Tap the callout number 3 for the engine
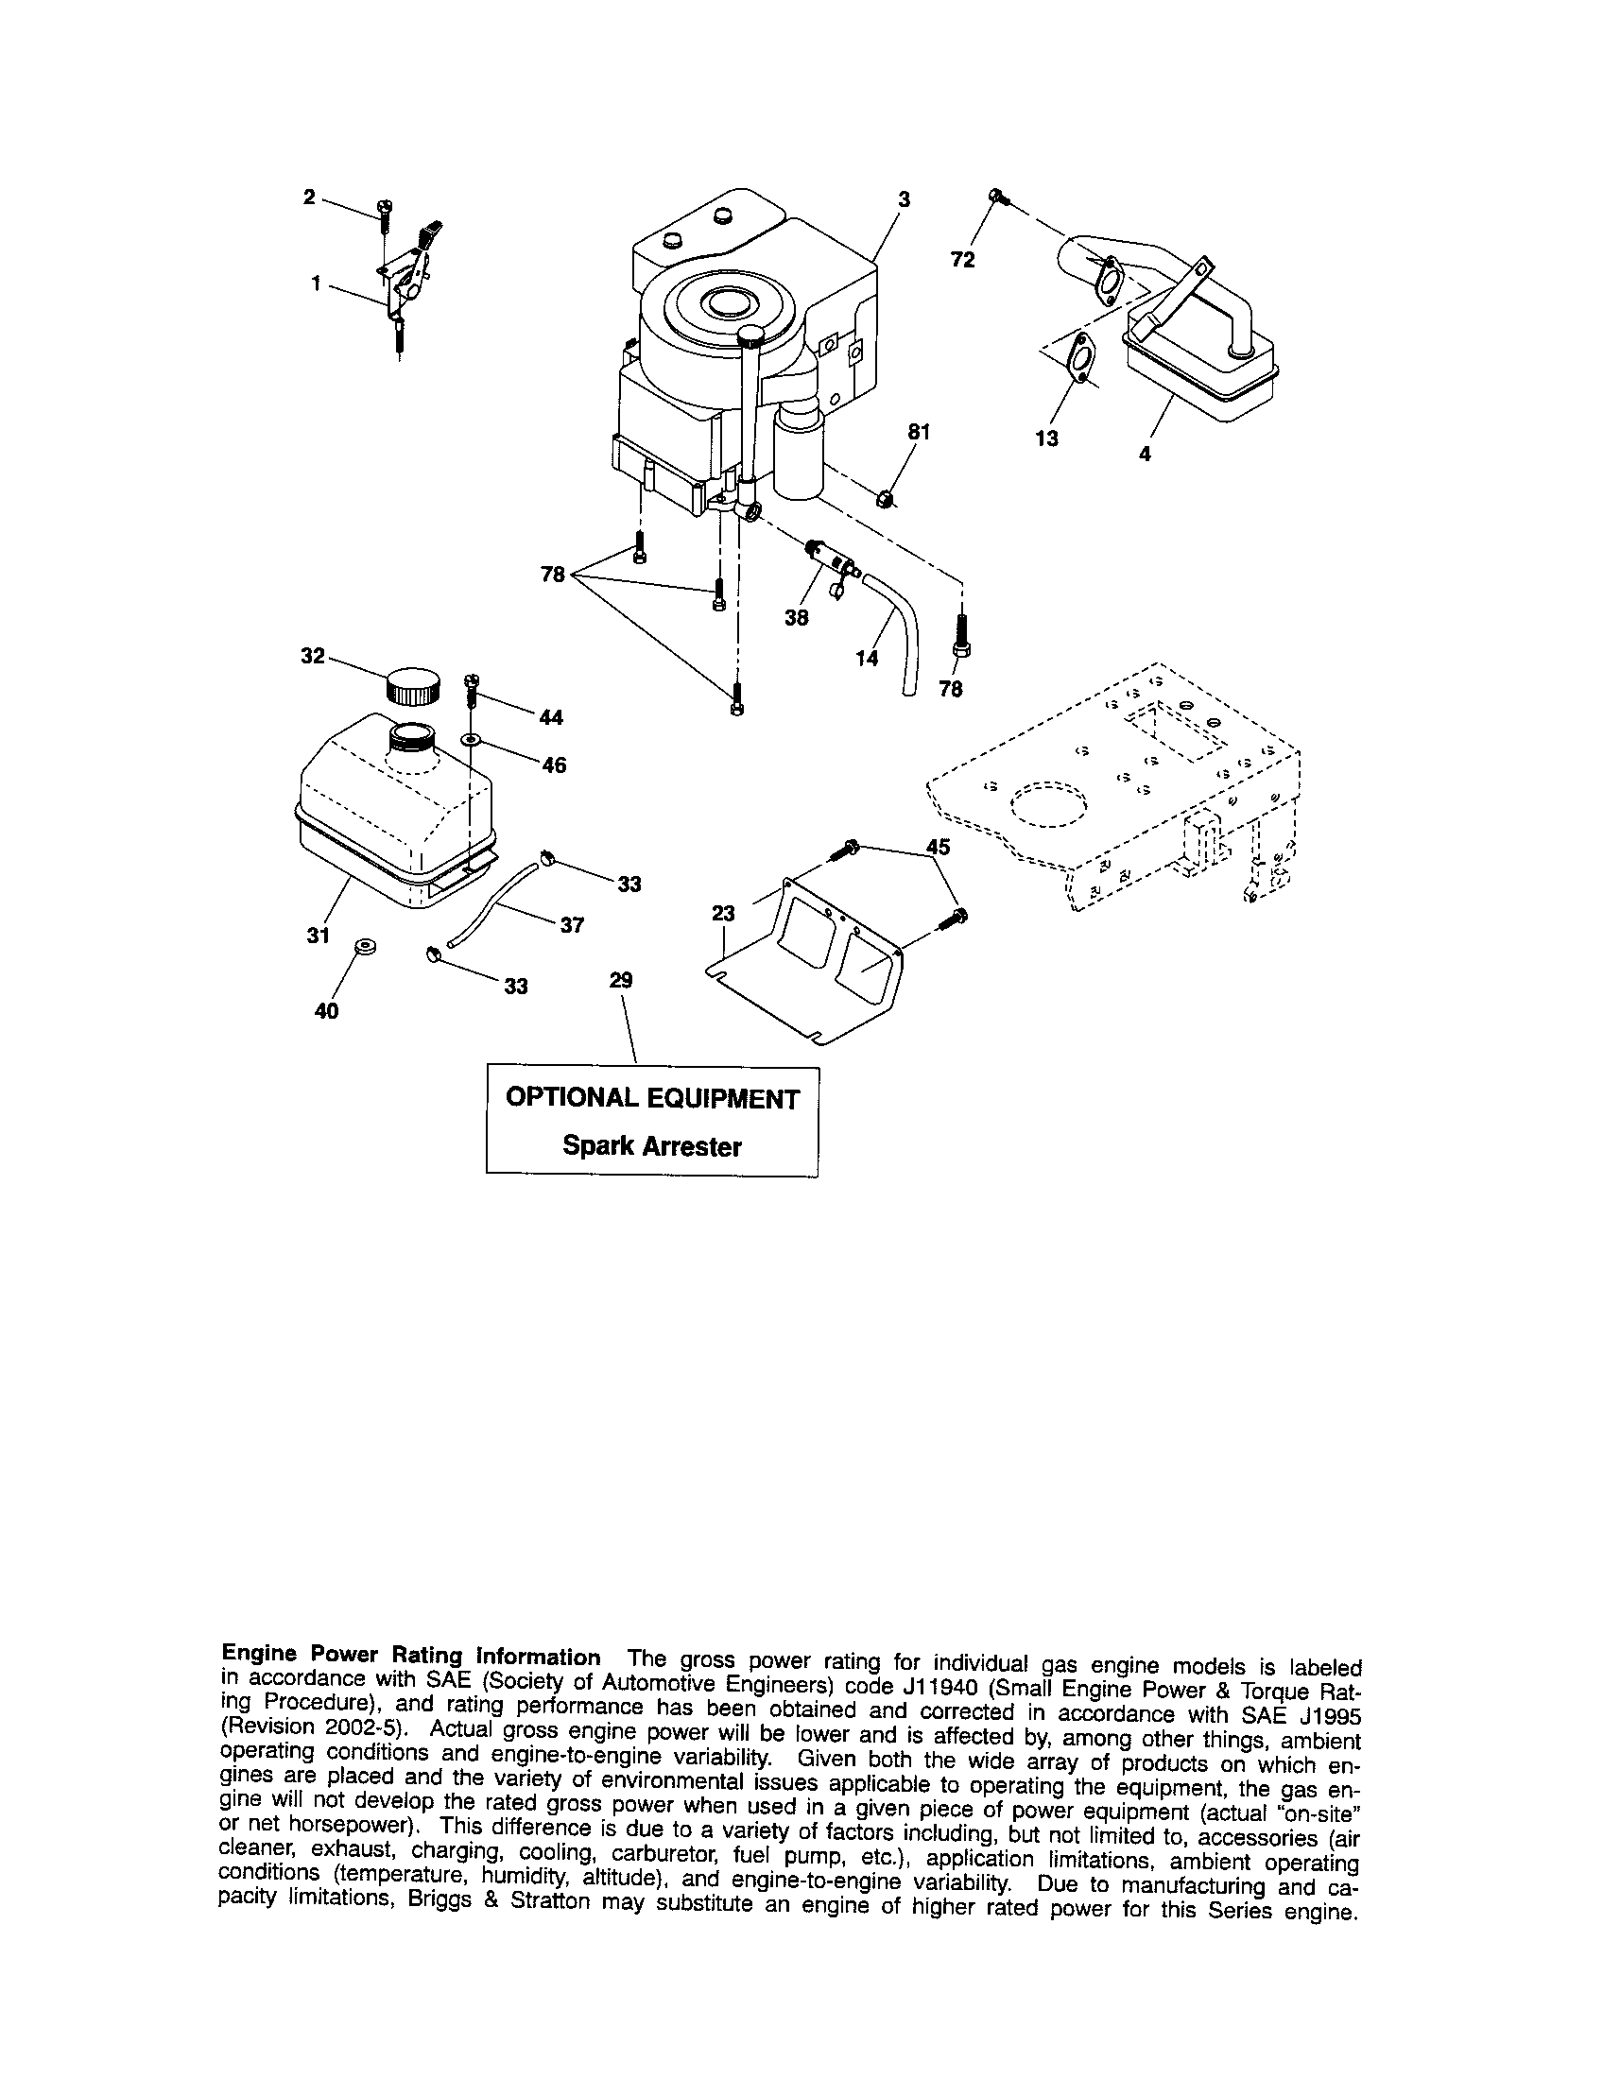(904, 199)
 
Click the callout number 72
(962, 259)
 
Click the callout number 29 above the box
(621, 980)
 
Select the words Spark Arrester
(651, 1146)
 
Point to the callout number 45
(938, 847)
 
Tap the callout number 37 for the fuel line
(571, 924)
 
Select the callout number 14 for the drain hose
(866, 658)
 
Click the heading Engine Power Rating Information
(410, 1658)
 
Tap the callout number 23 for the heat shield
(723, 914)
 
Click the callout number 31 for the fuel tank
(318, 935)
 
